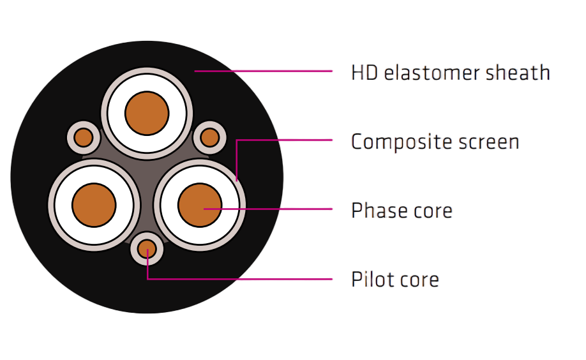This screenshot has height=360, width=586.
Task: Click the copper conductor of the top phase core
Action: click(x=147, y=113)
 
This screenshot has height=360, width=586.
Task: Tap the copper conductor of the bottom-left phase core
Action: click(x=94, y=205)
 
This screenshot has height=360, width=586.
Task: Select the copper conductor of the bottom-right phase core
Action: click(x=200, y=205)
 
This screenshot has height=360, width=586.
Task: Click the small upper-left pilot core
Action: click(x=84, y=137)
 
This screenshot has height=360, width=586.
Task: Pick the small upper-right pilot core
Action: click(x=210, y=137)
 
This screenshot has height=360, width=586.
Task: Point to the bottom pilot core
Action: click(x=147, y=249)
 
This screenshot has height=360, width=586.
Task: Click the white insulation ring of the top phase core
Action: click(x=147, y=82)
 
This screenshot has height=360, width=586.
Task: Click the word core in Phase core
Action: click(x=433, y=211)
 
